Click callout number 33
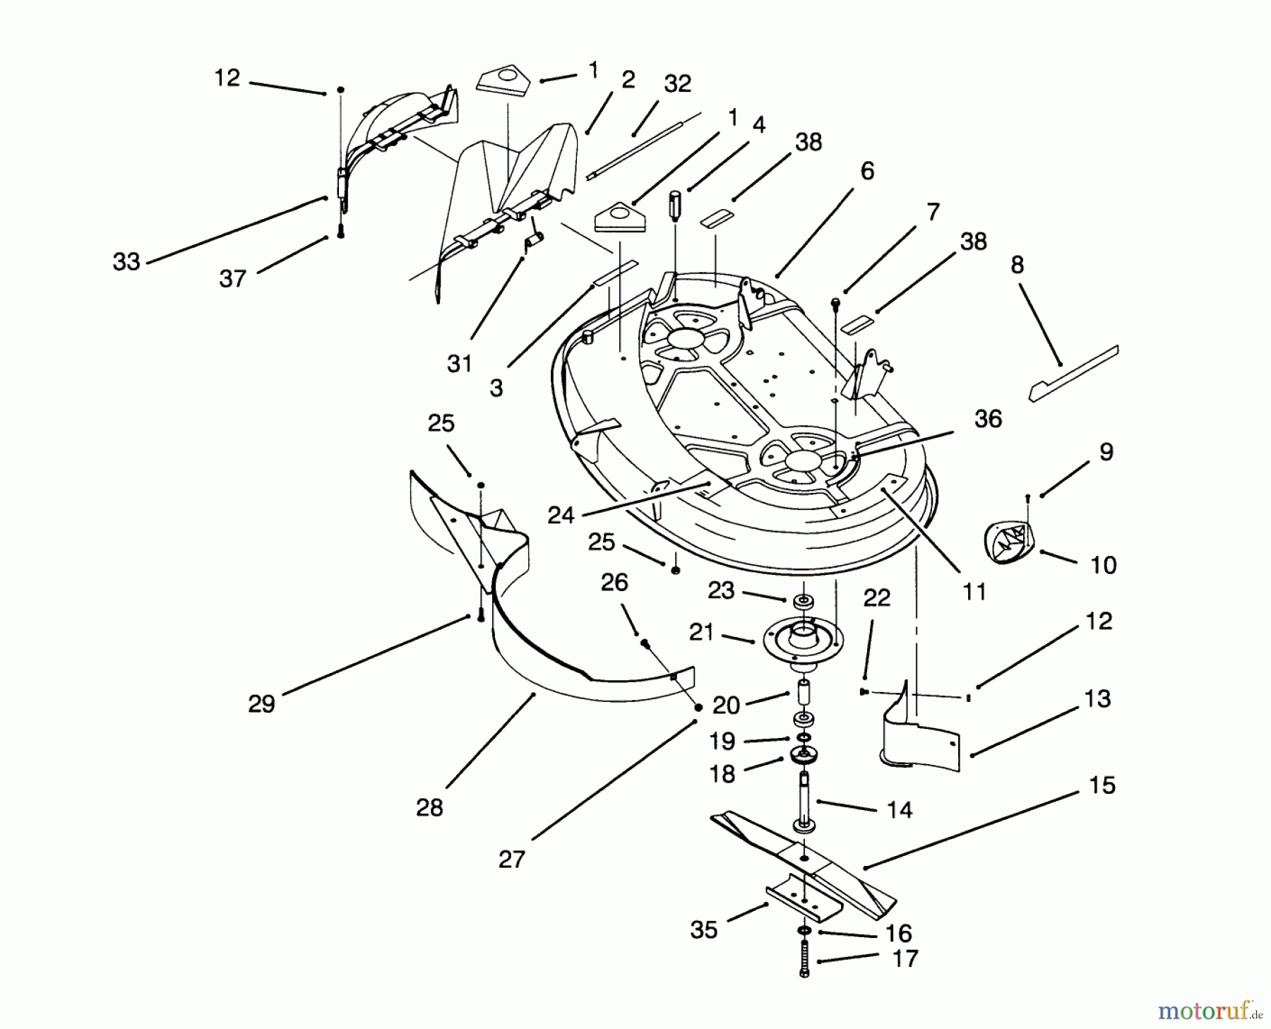[126, 262]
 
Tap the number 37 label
[232, 279]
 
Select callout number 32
[677, 84]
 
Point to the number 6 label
[867, 171]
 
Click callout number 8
[1018, 265]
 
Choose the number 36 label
[988, 419]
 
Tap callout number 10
[1104, 565]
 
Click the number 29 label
[261, 704]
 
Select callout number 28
[429, 807]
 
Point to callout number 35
[704, 930]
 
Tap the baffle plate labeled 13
[918, 734]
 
